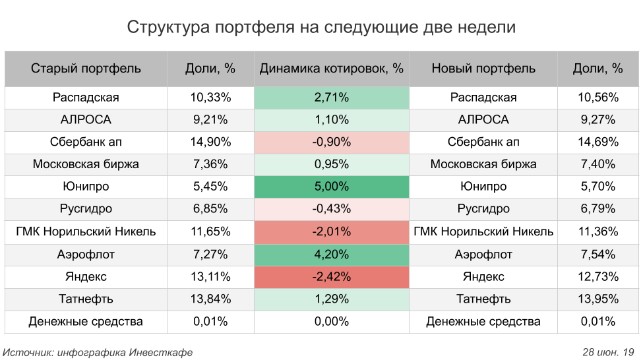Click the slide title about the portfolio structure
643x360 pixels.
tap(321, 27)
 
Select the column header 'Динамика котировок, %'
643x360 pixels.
tap(331, 69)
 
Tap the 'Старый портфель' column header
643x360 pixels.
tap(86, 69)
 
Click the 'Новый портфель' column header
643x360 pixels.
tap(483, 69)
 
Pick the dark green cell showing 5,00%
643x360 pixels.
tap(331, 187)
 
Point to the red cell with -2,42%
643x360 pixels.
tap(331, 277)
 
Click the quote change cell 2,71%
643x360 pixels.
tap(331, 98)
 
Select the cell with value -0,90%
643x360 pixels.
tap(331, 142)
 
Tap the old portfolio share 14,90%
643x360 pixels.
tap(210, 142)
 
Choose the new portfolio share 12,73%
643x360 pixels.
tap(598, 277)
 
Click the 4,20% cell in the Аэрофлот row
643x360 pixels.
tap(331, 255)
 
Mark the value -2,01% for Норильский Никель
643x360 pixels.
tap(331, 232)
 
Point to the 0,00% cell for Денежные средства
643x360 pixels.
tap(331, 322)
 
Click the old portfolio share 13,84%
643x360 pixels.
tap(210, 299)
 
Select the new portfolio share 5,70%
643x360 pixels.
tap(598, 187)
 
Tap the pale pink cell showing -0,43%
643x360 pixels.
tap(331, 209)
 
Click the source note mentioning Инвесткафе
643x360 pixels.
tap(98, 352)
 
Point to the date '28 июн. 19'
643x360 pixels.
tap(608, 352)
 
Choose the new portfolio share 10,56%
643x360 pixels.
tap(598, 98)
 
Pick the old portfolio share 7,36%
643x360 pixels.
tap(210, 164)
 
